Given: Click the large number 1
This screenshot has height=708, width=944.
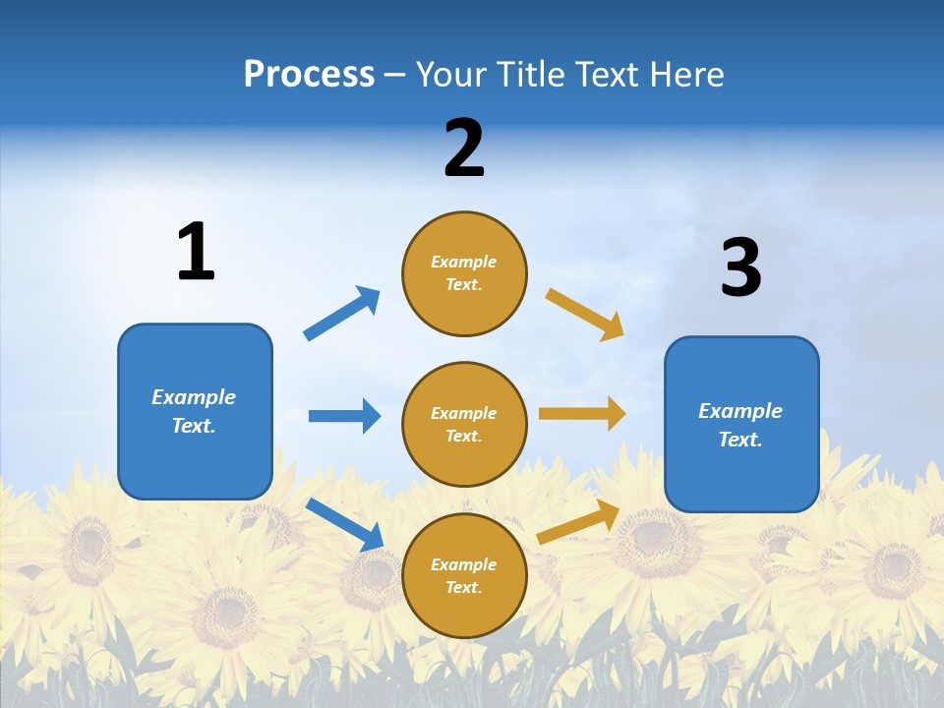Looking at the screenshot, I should tap(196, 252).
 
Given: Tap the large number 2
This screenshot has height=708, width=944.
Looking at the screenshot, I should tap(464, 148).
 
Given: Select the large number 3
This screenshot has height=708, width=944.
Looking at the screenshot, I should tap(740, 267).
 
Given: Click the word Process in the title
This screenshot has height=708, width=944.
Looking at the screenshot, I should tap(309, 74).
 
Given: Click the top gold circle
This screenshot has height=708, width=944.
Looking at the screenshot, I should tap(464, 273).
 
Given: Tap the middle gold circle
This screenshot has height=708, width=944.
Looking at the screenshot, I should tap(464, 425).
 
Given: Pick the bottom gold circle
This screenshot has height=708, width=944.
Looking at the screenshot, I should tap(464, 576).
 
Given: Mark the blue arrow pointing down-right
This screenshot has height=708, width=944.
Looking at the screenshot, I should tap(344, 524).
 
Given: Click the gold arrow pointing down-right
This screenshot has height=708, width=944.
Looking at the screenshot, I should tap(585, 314).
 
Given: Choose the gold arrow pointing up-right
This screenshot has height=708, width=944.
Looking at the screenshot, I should tap(579, 521).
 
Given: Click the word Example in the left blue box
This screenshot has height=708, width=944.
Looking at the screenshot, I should tap(194, 397).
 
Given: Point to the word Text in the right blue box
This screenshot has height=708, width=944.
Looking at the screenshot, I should tap(739, 440).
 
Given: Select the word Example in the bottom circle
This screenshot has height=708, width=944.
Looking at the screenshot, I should tap(464, 564).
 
